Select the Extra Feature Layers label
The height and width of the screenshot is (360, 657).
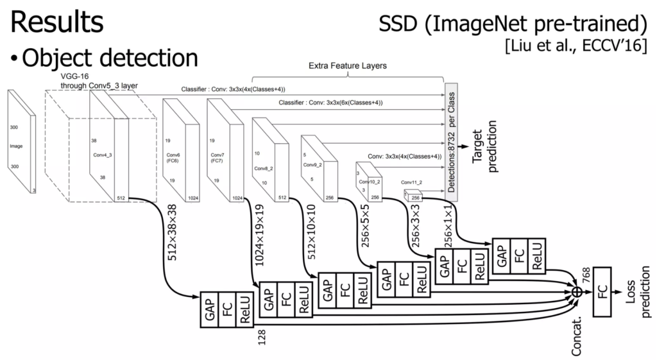click(x=347, y=66)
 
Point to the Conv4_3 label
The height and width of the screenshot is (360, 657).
click(x=102, y=155)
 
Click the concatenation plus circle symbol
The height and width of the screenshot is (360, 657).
click(x=576, y=293)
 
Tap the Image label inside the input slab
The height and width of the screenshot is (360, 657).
click(x=16, y=146)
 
